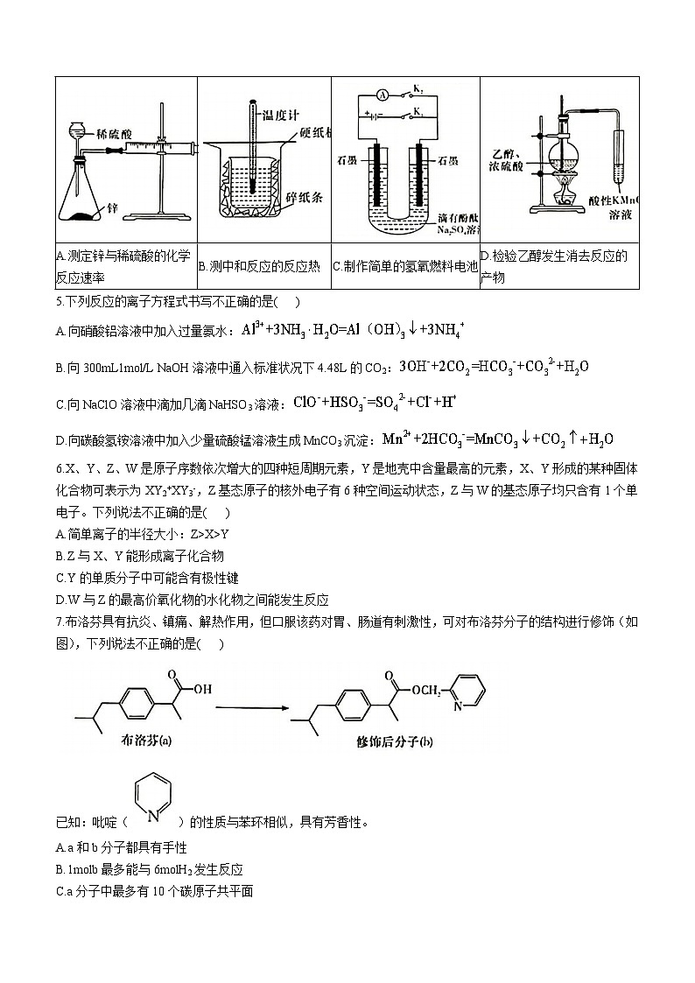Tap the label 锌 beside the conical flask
(112, 209)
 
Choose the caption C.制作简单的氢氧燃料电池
(405, 266)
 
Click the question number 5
(59, 303)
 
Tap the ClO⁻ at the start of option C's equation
(305, 403)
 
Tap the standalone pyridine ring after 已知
(154, 797)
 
